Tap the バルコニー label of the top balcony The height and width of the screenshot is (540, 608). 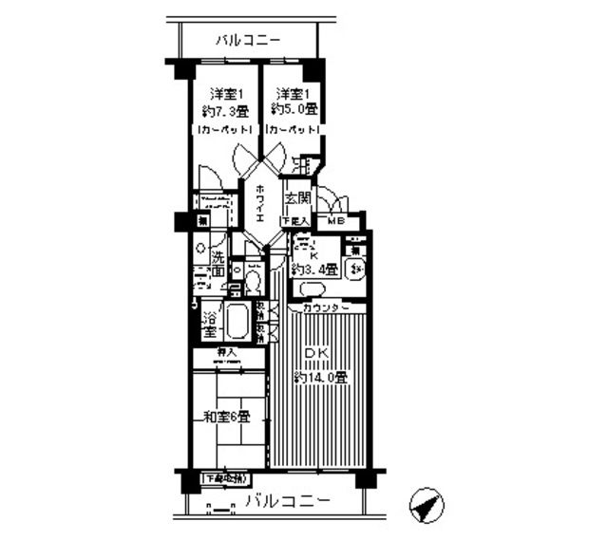pos(247,41)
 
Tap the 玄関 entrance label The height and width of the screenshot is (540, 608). pos(297,198)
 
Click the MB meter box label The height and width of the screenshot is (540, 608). pos(336,222)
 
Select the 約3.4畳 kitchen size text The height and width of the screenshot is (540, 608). pos(313,267)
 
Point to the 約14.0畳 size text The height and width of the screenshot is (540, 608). pos(319,377)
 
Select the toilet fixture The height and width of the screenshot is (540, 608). pos(251,278)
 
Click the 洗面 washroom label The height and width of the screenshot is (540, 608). pos(217,264)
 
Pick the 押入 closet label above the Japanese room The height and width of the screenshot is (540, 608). pos(225,353)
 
